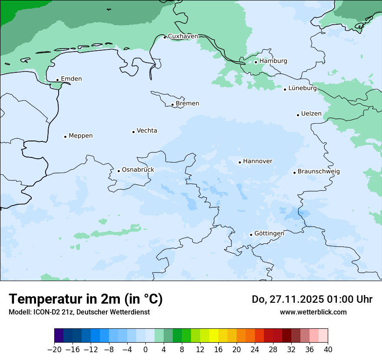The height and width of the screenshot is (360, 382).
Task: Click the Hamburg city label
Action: [273, 61]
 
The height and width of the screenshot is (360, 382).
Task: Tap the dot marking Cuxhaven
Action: [165, 37]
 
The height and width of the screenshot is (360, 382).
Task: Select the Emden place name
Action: [71, 79]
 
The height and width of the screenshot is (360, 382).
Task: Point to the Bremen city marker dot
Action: [172, 105]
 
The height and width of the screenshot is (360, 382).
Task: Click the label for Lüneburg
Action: [303, 88]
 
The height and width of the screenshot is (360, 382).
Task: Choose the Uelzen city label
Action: [311, 114]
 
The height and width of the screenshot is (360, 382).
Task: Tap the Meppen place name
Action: [81, 136]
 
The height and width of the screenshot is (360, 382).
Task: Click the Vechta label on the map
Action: [147, 131]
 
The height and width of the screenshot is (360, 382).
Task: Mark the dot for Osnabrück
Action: [119, 171]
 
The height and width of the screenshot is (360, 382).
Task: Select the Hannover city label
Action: [257, 161]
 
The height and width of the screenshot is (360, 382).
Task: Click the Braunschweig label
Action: [319, 172]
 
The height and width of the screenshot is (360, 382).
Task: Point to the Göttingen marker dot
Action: [251, 235]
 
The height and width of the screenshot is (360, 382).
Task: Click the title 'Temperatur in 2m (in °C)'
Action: [86, 299]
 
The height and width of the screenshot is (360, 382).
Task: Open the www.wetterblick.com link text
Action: [313, 312]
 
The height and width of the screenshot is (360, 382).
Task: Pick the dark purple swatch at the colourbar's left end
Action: [59, 336]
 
